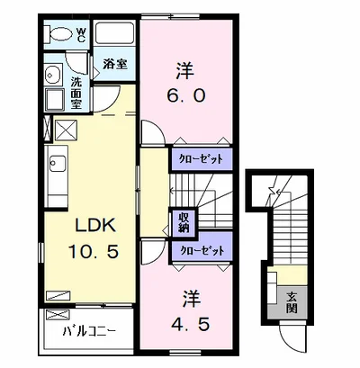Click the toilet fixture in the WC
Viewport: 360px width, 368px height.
(x=58, y=34)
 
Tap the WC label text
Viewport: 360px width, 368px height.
(x=81, y=34)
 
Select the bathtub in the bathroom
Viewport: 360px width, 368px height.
(x=114, y=33)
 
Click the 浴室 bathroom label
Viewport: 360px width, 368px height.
(x=115, y=64)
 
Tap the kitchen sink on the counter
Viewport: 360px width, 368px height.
(x=58, y=164)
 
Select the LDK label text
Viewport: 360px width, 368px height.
(x=95, y=226)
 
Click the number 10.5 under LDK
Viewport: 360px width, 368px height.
(x=94, y=251)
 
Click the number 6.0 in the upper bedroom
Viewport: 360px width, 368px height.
(x=185, y=95)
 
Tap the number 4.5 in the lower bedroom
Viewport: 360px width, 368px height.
(x=191, y=324)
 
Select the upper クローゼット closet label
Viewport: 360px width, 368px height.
(x=202, y=158)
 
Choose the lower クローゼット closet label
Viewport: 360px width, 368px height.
(x=202, y=250)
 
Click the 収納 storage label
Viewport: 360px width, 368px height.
(x=184, y=222)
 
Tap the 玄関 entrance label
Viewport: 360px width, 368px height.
(x=291, y=302)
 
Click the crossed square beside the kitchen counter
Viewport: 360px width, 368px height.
(x=66, y=130)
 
